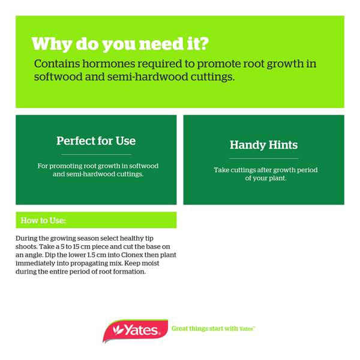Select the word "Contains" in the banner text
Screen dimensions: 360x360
(x=56, y=64)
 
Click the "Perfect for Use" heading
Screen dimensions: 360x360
(x=96, y=141)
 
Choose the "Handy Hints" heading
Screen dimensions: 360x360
(x=263, y=145)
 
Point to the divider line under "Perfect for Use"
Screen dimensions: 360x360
(x=96, y=155)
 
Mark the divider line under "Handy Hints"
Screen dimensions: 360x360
(x=263, y=159)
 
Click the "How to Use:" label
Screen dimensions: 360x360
(x=43, y=220)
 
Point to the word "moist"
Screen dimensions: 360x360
(x=163, y=263)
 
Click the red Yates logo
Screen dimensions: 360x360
(x=133, y=329)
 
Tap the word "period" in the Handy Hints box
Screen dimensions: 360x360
(x=305, y=170)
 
